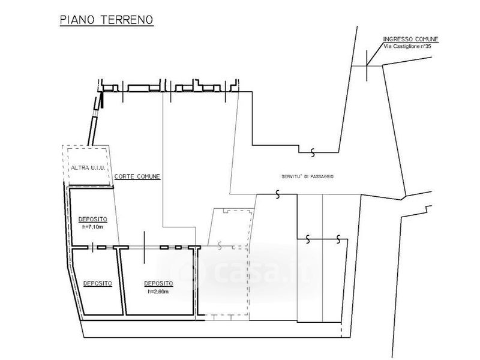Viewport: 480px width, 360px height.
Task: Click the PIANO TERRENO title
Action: (x=107, y=20)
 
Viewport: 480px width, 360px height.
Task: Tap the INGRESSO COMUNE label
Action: (x=410, y=40)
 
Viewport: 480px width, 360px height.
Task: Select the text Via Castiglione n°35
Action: (x=407, y=47)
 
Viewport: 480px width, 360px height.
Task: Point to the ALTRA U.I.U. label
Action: (x=88, y=168)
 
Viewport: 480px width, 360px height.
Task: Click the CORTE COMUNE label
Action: (x=137, y=176)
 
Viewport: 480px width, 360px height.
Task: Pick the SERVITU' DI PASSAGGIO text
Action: (x=307, y=176)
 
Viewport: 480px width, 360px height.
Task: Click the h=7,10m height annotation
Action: (x=93, y=227)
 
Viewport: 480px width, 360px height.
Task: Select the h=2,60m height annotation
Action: (x=158, y=292)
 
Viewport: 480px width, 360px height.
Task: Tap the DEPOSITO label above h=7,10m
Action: (x=93, y=219)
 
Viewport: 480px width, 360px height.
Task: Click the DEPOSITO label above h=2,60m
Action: (x=158, y=284)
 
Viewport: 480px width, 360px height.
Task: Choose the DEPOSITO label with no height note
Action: (x=98, y=284)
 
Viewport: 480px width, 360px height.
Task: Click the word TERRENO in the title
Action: (x=127, y=20)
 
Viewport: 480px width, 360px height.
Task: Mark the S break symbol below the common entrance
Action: (x=313, y=152)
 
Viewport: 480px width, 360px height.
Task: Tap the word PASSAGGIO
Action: (x=322, y=176)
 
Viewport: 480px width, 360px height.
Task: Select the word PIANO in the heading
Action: (x=78, y=20)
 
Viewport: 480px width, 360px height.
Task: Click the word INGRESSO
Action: (x=398, y=40)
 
